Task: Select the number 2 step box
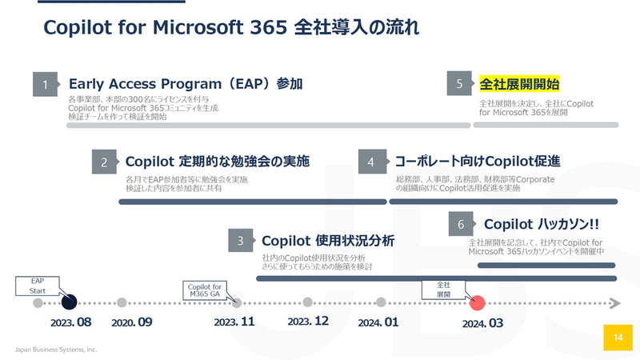tap(104, 162)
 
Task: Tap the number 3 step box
tap(241, 240)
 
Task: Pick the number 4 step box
tap(371, 162)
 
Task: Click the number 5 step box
tap(459, 84)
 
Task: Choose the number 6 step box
tap(461, 225)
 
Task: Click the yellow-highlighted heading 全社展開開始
tap(519, 84)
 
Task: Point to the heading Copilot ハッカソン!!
tap(542, 225)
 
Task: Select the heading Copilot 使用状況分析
tap(328, 241)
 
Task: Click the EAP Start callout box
tap(38, 286)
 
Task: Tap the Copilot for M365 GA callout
tap(206, 289)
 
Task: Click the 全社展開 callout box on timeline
tap(443, 290)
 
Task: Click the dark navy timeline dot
tap(69, 302)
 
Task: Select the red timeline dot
tap(478, 302)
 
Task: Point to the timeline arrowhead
tap(614, 302)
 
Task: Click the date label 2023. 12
tap(308, 322)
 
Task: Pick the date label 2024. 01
tap(379, 322)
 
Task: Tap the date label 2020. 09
tap(132, 322)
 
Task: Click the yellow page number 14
tap(618, 337)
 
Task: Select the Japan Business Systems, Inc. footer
tap(57, 350)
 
